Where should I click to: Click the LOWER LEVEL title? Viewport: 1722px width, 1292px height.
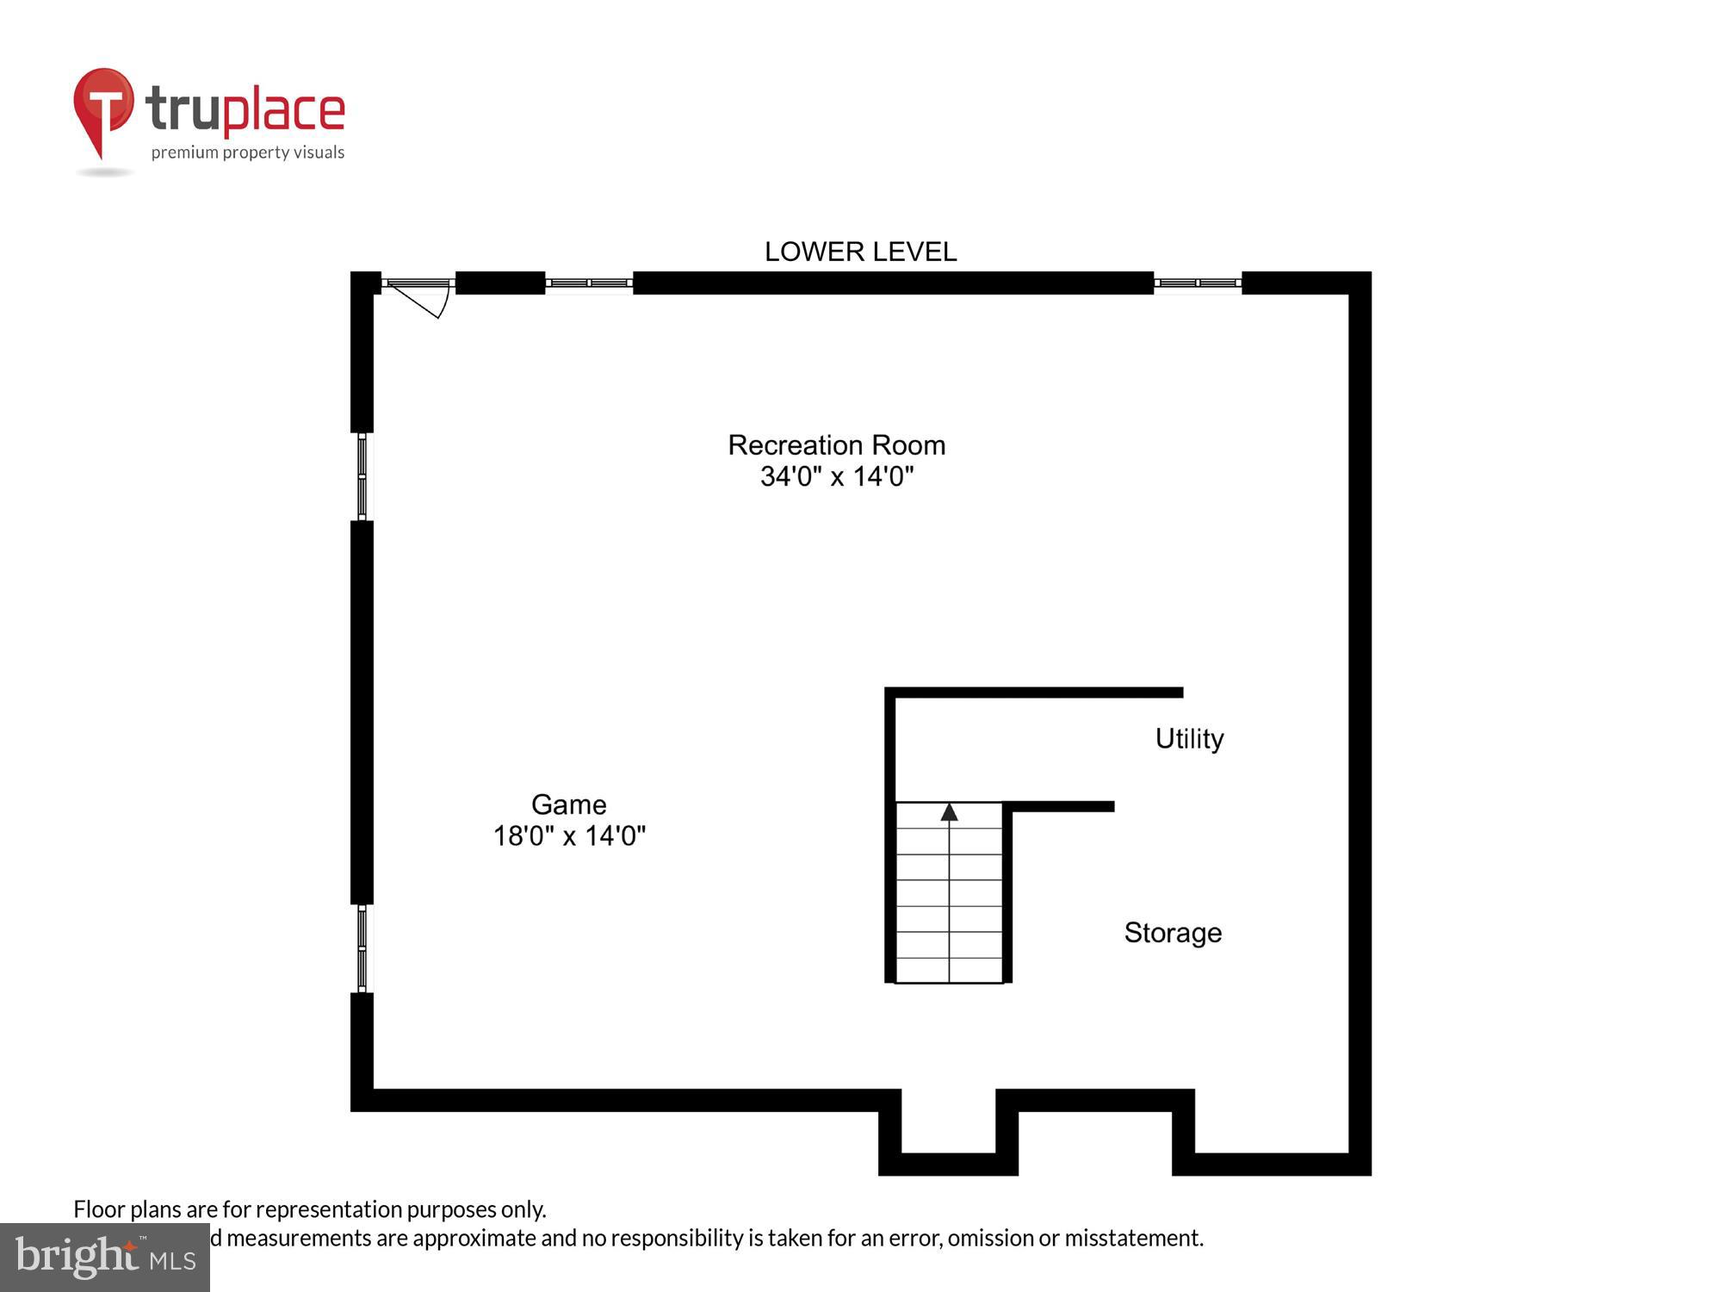point(860,252)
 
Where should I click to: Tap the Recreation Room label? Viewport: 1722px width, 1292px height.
point(836,444)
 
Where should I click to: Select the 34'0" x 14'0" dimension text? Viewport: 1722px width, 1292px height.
point(836,476)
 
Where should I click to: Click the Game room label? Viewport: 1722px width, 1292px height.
point(568,804)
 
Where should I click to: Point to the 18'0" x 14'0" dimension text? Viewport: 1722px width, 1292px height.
point(568,835)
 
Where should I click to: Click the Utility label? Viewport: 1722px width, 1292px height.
point(1189,738)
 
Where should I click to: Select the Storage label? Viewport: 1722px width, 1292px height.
point(1173,932)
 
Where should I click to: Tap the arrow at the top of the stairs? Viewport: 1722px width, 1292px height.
point(949,812)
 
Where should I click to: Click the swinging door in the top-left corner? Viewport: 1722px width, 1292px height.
point(420,295)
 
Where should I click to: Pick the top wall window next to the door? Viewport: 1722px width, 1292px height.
point(589,283)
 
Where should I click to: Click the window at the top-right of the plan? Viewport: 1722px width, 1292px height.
point(1198,283)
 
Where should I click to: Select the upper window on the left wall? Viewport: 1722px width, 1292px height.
point(362,476)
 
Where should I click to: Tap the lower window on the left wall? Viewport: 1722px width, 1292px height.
point(362,948)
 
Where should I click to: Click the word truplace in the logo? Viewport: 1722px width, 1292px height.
point(245,110)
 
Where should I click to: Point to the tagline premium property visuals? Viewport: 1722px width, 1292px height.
point(248,152)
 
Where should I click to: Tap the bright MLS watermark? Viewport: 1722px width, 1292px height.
point(105,1258)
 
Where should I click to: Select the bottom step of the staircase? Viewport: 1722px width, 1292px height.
point(949,970)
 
